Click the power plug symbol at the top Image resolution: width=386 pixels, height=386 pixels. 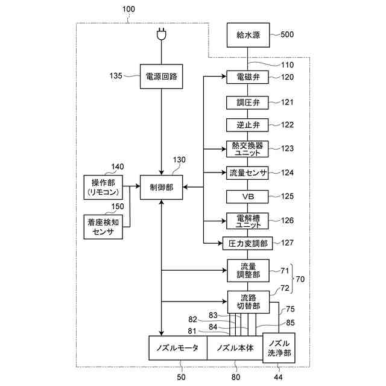tap(161, 35)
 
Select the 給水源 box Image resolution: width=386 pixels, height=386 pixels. tap(248, 34)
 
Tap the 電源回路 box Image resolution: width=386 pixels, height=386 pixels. tap(161, 77)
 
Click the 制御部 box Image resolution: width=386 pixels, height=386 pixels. tap(161, 188)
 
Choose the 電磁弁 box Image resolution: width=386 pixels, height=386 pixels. tap(247, 77)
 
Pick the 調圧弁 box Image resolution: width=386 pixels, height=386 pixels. tap(247, 101)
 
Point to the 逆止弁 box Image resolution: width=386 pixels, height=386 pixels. tap(247, 125)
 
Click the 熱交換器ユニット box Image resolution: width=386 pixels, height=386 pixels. tap(247, 148)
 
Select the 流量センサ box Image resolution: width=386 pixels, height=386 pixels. tap(247, 172)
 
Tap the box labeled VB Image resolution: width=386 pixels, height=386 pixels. tap(247, 197)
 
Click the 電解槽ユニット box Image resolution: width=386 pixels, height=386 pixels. tap(247, 220)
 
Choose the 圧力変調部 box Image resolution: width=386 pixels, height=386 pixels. tap(247, 244)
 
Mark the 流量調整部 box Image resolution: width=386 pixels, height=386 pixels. tap(247, 270)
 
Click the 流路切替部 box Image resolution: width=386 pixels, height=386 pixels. tap(247, 301)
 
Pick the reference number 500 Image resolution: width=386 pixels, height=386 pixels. tap(287, 34)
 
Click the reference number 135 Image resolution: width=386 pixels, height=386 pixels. tap(116, 77)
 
